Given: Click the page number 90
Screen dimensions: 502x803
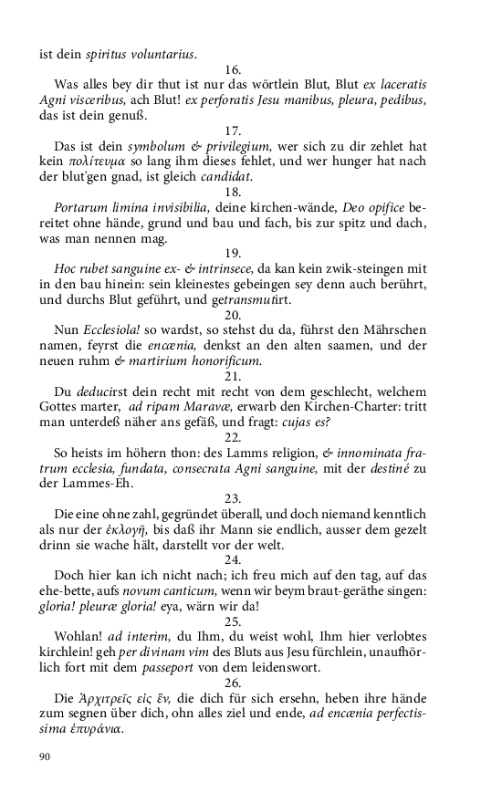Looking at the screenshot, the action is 46,756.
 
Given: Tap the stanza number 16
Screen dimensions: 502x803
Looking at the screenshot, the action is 232,69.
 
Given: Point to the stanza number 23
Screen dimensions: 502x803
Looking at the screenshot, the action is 232,498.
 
